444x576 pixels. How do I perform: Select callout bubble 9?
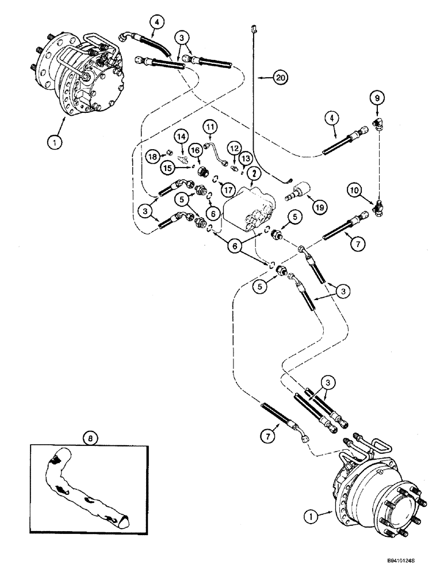[377, 99]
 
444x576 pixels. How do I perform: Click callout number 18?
[152, 156]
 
